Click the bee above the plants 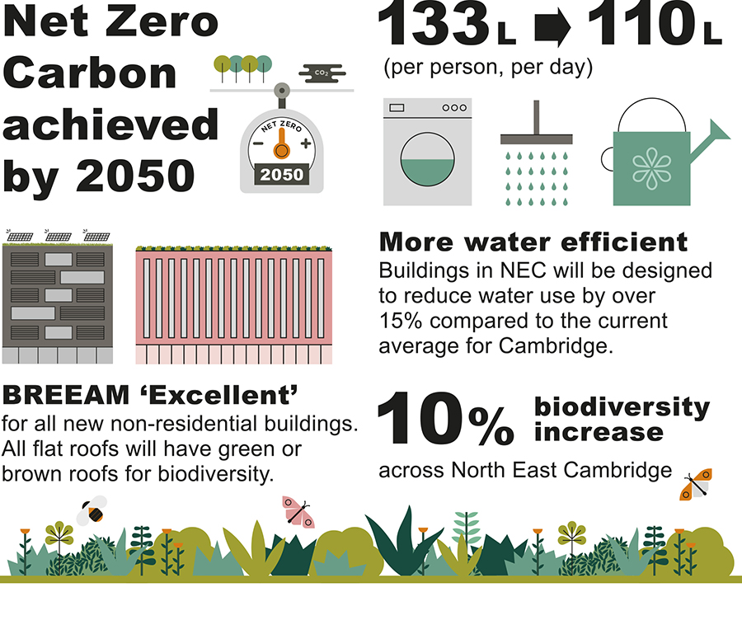pos(92,511)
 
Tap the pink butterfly pos(297,512)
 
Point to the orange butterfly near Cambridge pos(696,485)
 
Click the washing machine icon pos(427,152)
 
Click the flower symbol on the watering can pos(651,168)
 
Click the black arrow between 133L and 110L pos(552,28)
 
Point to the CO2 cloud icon pos(322,73)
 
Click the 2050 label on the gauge pos(282,175)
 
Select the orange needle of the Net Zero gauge pos(282,143)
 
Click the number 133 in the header pos(434,24)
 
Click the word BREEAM pos(66,395)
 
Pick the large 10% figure pos(445,419)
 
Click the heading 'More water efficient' pos(533,242)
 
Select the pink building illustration pos(234,305)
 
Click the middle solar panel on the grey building pos(58,235)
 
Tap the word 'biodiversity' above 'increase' pos(622,407)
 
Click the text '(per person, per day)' pos(488,67)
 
